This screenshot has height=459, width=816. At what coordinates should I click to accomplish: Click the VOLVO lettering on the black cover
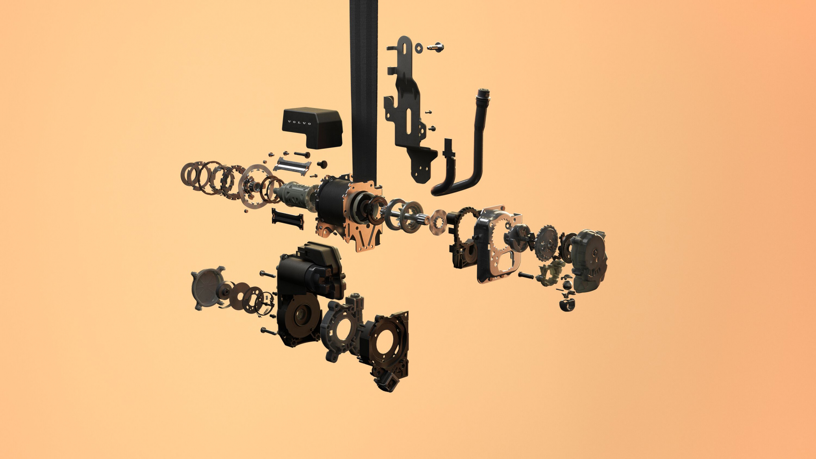(x=299, y=122)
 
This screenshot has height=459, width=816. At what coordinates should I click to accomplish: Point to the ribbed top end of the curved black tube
(x=483, y=94)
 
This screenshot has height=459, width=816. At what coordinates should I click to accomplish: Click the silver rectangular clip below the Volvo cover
(x=292, y=166)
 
